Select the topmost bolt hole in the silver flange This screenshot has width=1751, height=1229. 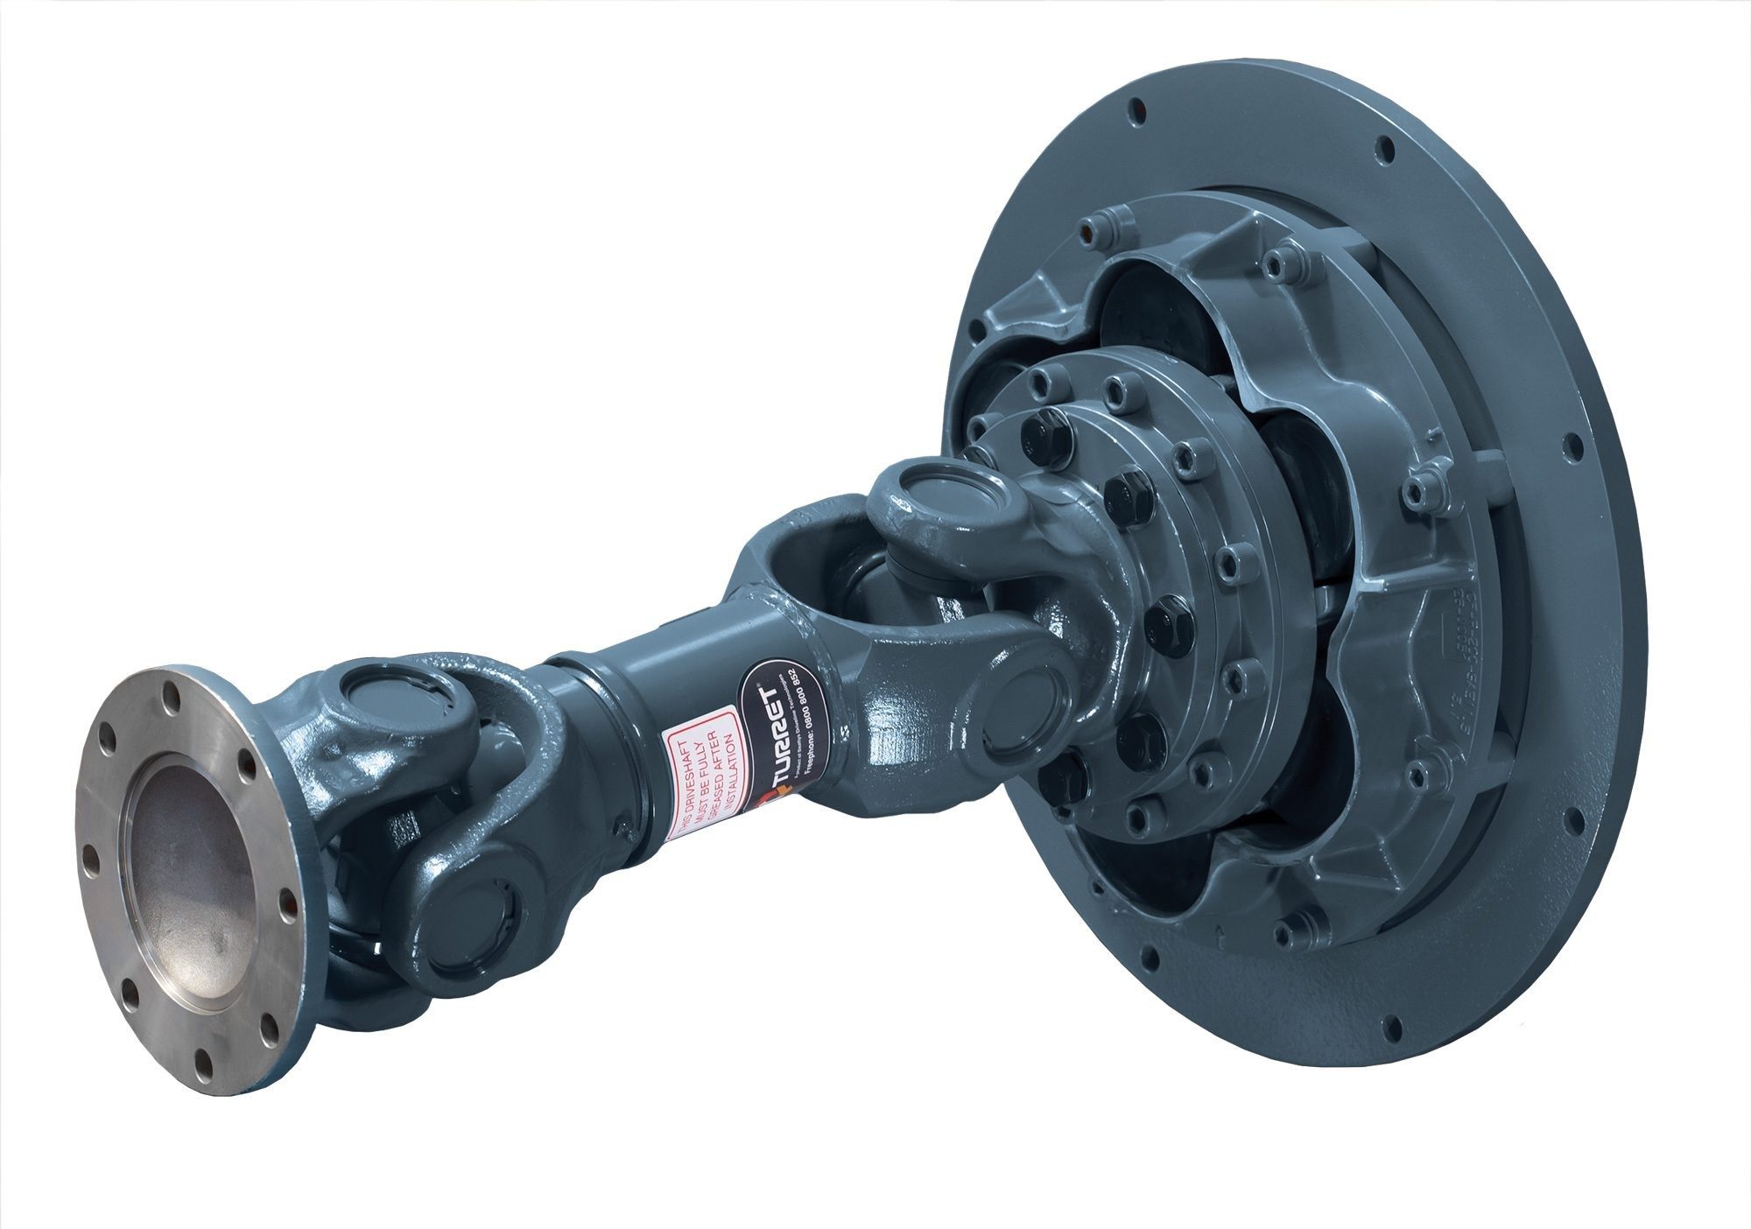(x=172, y=700)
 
